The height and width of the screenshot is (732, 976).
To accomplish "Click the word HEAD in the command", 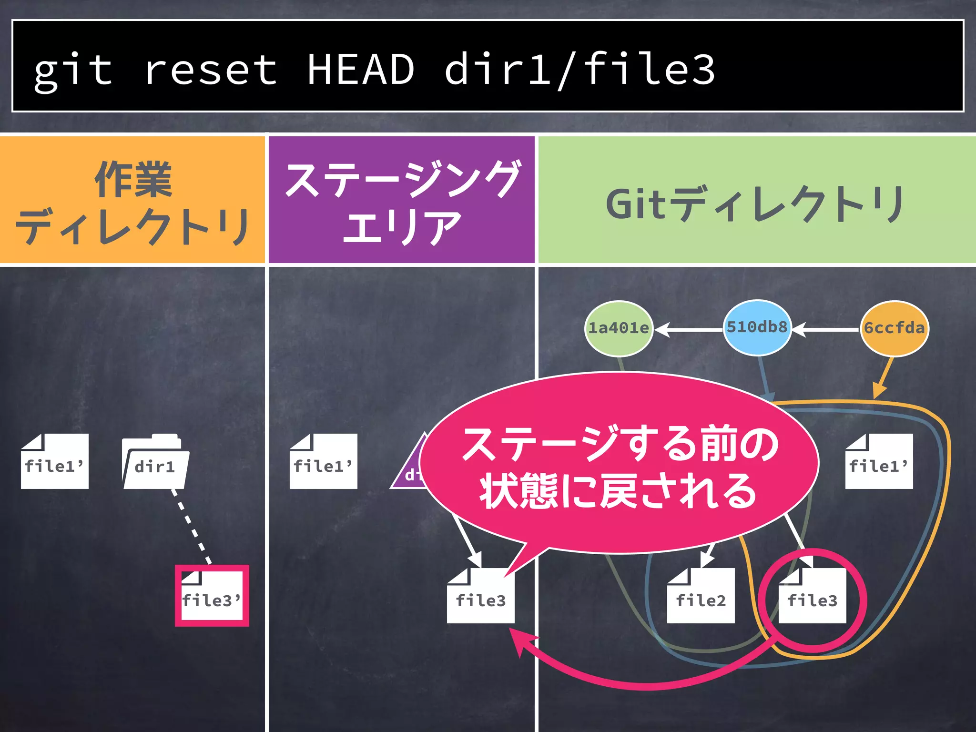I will click(360, 70).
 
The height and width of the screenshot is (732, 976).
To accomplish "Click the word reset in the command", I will click(210, 70).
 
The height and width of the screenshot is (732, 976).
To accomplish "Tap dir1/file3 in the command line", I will click(579, 70).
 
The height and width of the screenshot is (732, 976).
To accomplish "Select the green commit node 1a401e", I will click(619, 328).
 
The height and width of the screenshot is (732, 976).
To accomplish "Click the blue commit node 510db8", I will click(757, 327).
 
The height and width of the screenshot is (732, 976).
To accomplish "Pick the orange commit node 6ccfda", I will click(894, 328).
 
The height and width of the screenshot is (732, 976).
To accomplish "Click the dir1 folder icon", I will click(155, 462).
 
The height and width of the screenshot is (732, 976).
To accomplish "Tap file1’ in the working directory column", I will click(54, 462).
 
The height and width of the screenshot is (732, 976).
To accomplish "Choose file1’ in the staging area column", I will click(323, 462).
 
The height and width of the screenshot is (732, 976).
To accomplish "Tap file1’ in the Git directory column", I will click(879, 462).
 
